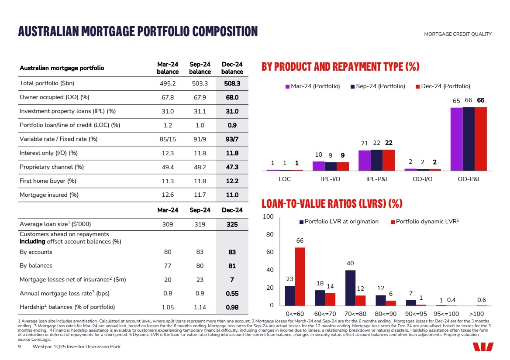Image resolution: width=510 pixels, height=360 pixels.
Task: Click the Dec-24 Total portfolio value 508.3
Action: click(x=232, y=83)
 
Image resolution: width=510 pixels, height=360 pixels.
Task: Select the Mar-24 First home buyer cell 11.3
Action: click(x=168, y=181)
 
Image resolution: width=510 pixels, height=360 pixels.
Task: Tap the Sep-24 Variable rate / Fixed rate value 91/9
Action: click(x=200, y=139)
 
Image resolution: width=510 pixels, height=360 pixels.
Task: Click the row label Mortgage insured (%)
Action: click(x=49, y=195)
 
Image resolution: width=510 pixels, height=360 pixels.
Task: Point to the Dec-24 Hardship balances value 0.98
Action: click(x=232, y=307)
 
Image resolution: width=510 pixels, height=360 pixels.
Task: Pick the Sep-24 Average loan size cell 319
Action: click(x=200, y=224)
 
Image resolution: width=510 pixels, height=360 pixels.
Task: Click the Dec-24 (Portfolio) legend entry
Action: click(x=442, y=86)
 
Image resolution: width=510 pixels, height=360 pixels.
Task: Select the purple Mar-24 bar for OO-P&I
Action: click(x=456, y=139)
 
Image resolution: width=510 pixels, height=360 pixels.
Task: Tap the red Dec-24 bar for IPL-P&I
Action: click(x=389, y=160)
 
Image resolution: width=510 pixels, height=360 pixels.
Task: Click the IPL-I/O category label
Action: click(x=331, y=179)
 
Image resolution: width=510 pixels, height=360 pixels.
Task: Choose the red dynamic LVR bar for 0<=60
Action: click(x=300, y=276)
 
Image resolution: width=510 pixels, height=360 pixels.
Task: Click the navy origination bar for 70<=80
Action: click(x=350, y=288)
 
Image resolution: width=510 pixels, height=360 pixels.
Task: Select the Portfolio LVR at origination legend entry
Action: click(x=338, y=222)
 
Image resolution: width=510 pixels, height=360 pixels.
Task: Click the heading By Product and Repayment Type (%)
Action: click(x=340, y=67)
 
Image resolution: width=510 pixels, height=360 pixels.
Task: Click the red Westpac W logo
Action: click(x=482, y=347)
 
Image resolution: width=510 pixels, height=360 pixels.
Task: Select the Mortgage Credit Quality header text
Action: click(x=458, y=34)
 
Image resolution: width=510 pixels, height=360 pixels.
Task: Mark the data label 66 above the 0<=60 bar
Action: click(x=300, y=241)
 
